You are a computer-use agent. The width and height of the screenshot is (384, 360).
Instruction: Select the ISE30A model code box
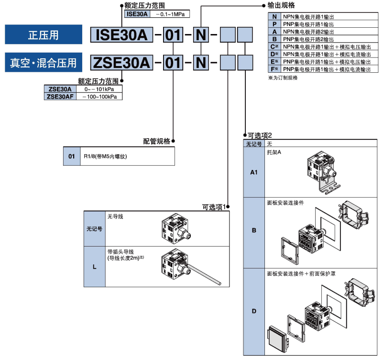123,35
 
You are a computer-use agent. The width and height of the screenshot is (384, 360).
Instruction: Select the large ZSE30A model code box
123,62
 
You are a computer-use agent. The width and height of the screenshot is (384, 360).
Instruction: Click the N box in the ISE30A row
201,35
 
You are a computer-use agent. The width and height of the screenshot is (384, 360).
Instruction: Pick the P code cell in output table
274,23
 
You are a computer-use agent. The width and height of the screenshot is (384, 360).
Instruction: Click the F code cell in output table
274,69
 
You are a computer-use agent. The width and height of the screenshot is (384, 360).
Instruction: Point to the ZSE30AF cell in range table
60,96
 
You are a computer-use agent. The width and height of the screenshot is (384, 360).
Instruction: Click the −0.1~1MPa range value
169,14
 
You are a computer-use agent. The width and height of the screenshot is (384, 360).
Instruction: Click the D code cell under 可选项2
254,312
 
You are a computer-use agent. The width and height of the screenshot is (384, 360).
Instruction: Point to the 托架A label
274,152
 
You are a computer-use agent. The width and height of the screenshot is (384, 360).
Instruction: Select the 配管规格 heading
156,141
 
